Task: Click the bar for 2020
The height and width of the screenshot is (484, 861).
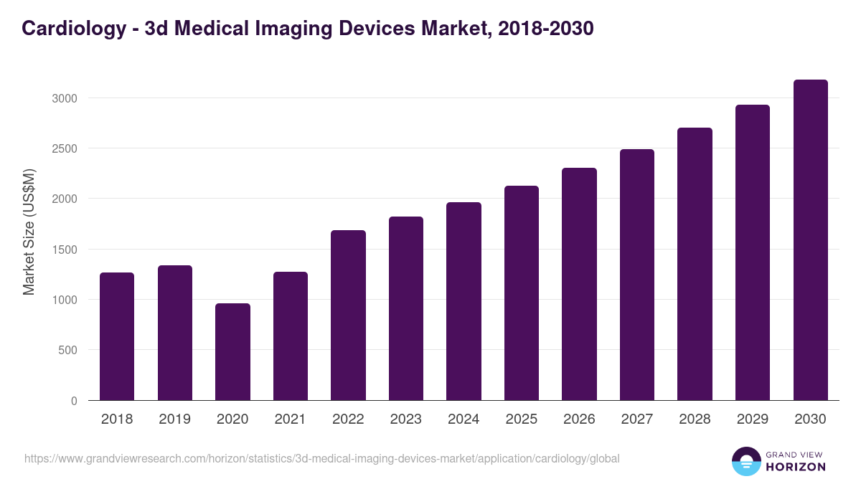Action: coord(232,351)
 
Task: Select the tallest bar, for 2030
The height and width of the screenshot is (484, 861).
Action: coord(810,240)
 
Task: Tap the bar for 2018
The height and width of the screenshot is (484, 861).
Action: coord(117,336)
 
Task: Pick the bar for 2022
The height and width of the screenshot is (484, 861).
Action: coord(348,315)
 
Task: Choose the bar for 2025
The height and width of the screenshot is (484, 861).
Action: coord(522,293)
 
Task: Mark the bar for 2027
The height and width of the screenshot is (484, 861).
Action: coord(637,275)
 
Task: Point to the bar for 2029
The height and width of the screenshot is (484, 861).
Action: coord(753,252)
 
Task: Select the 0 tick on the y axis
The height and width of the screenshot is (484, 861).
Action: coord(74,401)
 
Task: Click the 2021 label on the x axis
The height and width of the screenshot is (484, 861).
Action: coord(291,419)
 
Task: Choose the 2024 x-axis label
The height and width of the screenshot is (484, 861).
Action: coord(464,419)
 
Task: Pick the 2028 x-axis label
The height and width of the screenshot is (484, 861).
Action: coord(695,419)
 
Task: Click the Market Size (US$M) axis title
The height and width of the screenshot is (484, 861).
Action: coord(29,232)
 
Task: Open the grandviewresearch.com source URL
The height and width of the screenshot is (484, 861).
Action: coord(321,458)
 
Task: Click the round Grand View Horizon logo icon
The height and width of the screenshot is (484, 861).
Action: coord(745,461)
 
